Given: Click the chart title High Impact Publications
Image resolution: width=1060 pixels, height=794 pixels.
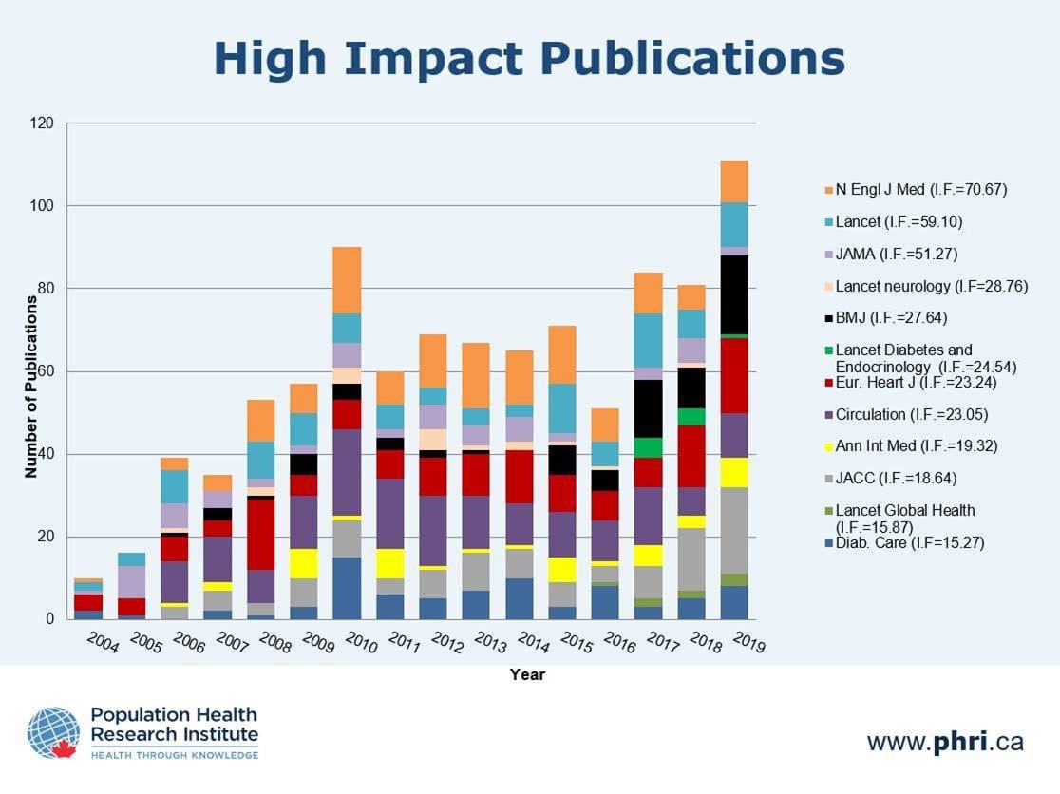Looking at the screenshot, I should tap(529, 59).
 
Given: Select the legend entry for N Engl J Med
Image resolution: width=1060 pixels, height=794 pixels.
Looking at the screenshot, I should tap(920, 190).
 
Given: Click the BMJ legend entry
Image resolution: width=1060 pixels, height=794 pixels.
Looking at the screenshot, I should tap(891, 318).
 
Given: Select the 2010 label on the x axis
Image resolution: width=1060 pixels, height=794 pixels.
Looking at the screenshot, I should tap(362, 647).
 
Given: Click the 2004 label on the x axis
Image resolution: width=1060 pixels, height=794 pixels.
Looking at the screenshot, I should tap(103, 644).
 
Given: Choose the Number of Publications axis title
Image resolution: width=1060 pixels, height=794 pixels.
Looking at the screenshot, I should tap(31, 386).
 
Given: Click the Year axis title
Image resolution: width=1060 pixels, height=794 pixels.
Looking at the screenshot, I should tap(527, 674).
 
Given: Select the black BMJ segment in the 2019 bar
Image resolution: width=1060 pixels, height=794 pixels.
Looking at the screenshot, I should tap(734, 294).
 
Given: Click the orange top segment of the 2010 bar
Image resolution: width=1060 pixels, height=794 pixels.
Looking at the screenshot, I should tap(346, 280).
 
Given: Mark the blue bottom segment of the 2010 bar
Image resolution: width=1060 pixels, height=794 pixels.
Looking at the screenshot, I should tap(346, 588).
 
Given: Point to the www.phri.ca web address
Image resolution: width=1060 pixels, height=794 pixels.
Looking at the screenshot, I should tap(944, 741).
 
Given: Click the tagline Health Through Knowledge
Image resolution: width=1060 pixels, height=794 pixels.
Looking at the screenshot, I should tap(174, 755).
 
